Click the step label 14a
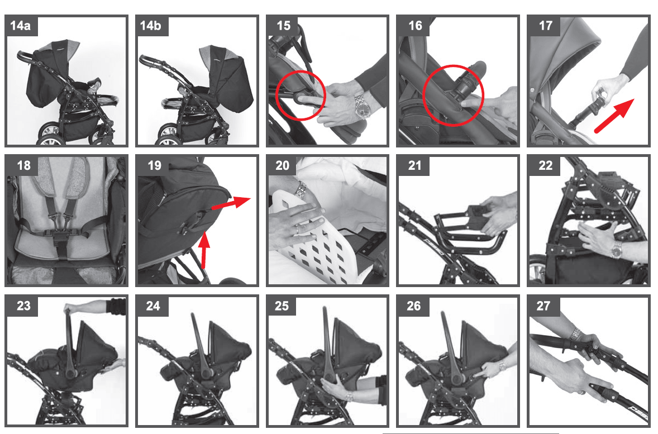click(x=20, y=26)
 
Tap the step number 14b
click(x=151, y=26)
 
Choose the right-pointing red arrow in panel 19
click(x=230, y=203)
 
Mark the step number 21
click(x=414, y=165)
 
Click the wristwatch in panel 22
click(x=616, y=250)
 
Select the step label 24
click(x=153, y=306)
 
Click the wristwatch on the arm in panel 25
click(x=349, y=396)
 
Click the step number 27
click(x=543, y=306)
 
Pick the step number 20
click(x=283, y=165)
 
